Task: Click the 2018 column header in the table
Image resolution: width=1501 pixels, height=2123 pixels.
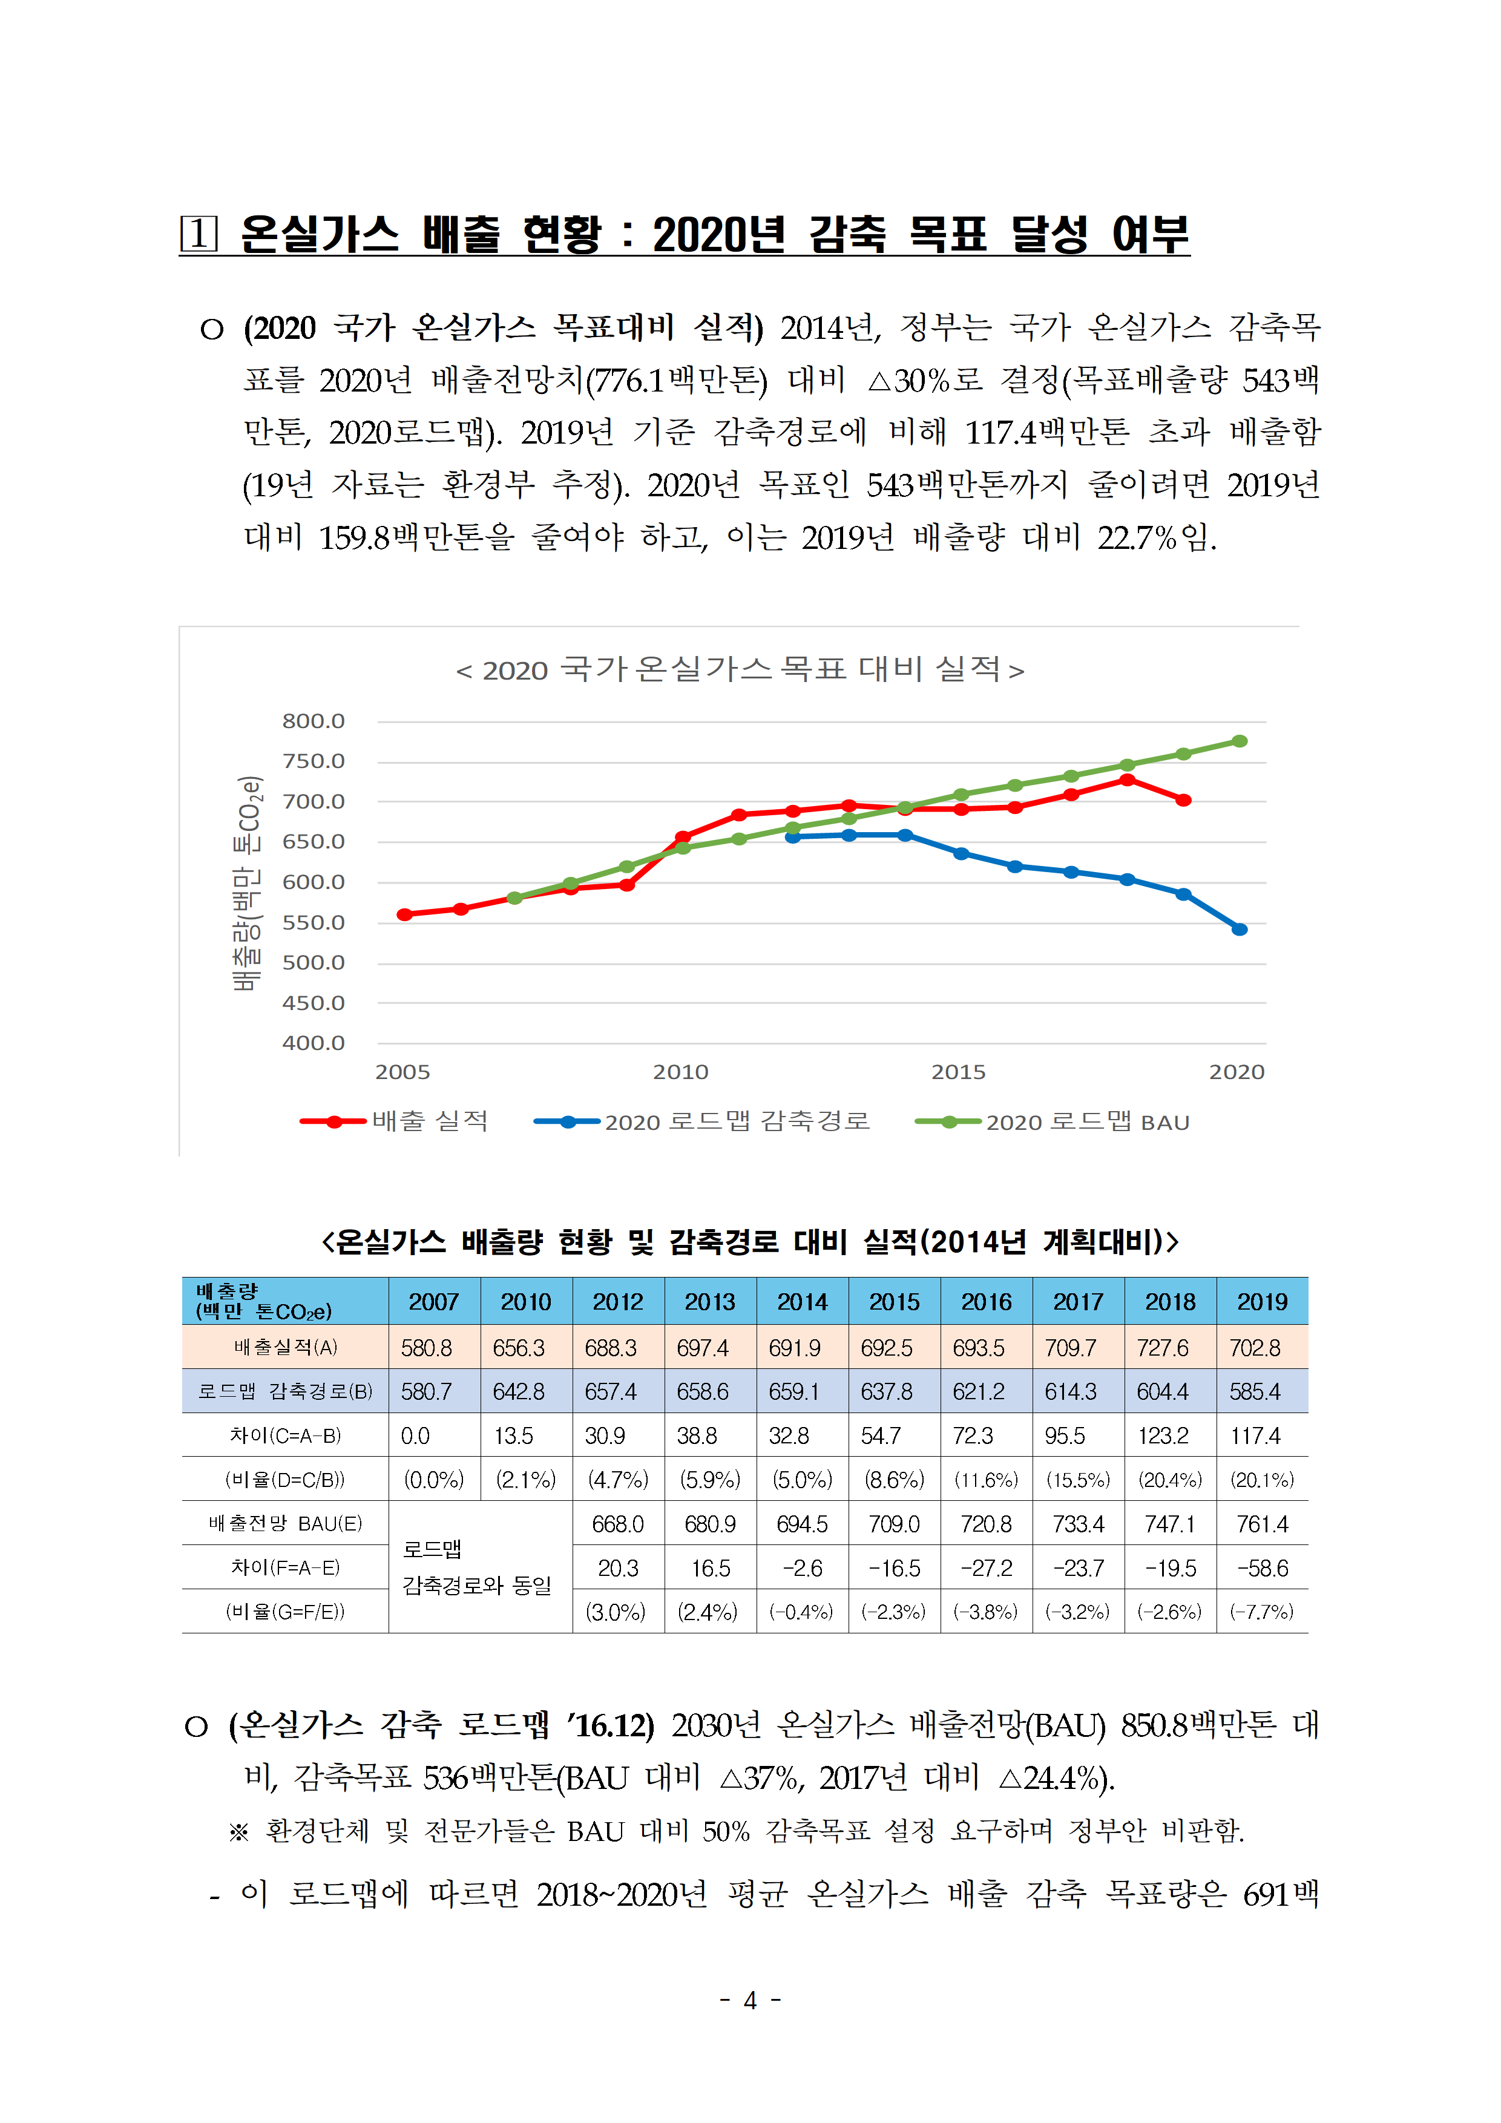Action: [x=1170, y=1302]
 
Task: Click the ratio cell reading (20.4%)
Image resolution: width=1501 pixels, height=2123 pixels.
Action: [x=1170, y=1480]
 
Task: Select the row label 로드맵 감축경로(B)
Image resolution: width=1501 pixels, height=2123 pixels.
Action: [x=286, y=1391]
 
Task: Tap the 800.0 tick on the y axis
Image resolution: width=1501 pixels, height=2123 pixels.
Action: [x=314, y=721]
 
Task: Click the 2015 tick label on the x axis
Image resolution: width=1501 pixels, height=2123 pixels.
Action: [x=958, y=1072]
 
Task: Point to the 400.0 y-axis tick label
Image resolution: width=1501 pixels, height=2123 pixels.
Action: [x=314, y=1043]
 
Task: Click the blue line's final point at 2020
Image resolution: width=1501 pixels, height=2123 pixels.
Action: [x=1240, y=930]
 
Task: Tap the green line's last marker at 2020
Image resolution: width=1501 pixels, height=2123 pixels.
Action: [x=1240, y=741]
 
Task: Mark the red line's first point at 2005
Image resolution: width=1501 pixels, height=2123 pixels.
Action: [x=404, y=914]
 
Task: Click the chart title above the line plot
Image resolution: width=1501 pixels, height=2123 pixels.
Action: [x=740, y=669]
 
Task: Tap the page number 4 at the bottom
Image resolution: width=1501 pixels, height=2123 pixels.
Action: [x=750, y=2000]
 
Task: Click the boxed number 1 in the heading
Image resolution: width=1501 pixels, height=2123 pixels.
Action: [x=199, y=234]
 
